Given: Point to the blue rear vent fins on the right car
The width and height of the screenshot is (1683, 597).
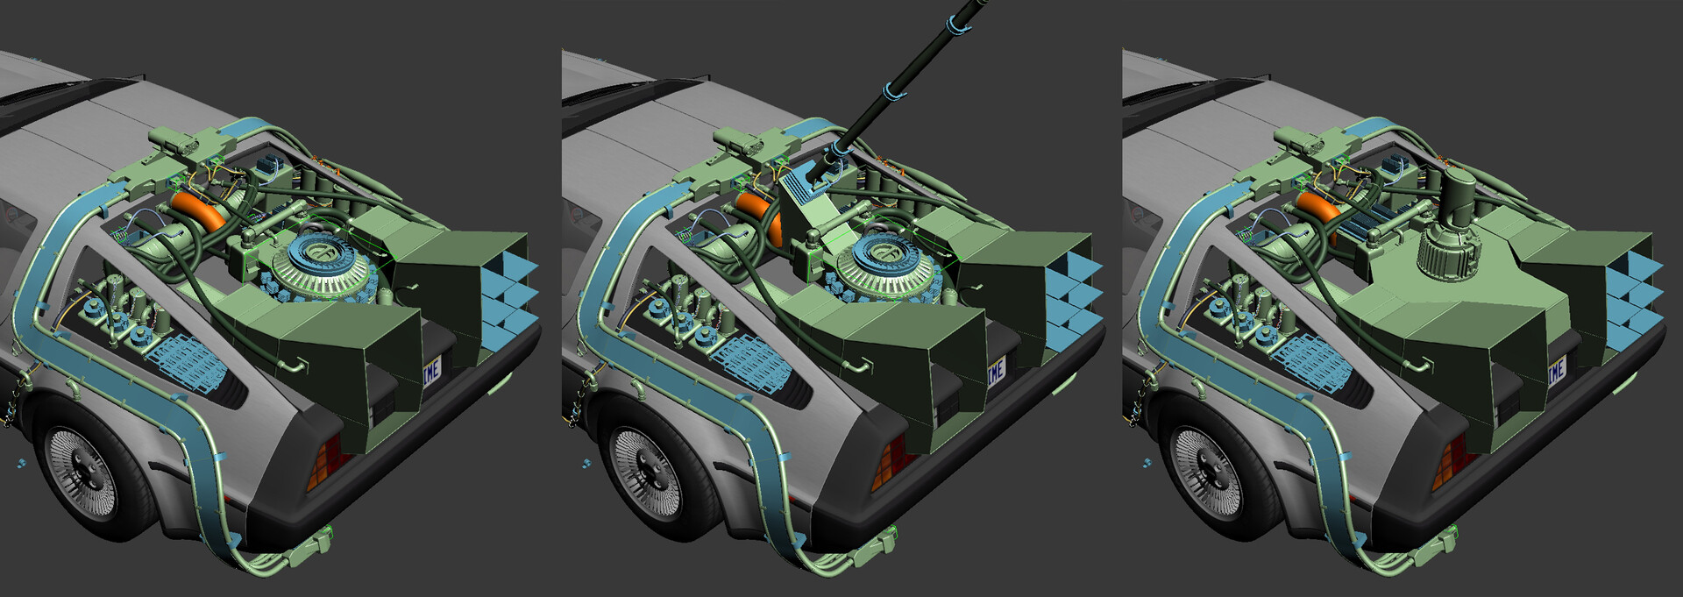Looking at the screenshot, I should pos(1632,298).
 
